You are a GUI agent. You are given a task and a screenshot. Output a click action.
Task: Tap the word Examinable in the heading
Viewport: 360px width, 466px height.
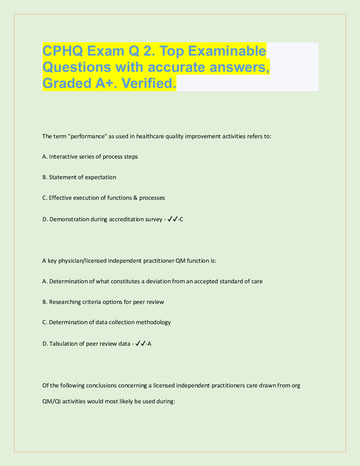(227, 51)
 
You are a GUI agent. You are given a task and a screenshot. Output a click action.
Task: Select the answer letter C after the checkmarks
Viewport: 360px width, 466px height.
(181, 219)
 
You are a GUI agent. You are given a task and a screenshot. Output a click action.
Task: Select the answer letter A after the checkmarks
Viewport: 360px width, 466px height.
(149, 344)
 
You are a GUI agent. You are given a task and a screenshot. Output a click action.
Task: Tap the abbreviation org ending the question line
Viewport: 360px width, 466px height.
(296, 385)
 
